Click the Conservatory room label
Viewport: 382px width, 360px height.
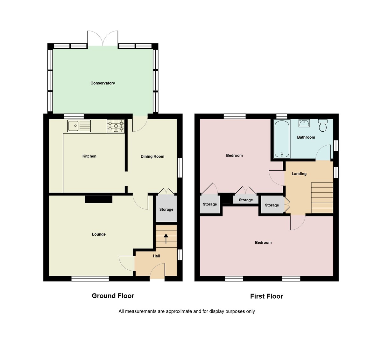[103, 83]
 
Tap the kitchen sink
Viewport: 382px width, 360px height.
[79, 126]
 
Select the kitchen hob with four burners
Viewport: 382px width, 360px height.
[116, 126]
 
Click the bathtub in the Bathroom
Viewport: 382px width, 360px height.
[282, 139]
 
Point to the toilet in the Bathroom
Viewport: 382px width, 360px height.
[322, 126]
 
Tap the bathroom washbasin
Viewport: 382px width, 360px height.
[304, 123]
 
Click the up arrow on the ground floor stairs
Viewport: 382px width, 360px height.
[166, 238]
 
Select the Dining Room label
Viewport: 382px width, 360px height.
[152, 156]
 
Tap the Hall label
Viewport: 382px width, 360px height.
[156, 256]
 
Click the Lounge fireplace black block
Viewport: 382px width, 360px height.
[99, 199]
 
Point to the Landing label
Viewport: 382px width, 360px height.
[299, 174]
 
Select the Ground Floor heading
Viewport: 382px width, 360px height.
[113, 296]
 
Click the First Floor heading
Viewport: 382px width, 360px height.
[266, 296]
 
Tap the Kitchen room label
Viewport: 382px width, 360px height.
[89, 156]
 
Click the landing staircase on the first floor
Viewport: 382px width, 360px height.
[322, 197]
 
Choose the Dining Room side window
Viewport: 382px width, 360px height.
[180, 168]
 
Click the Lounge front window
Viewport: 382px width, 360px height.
[90, 279]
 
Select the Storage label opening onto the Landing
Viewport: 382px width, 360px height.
[272, 205]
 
